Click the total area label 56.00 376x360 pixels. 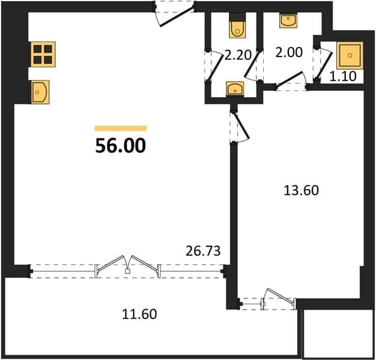click(x=120, y=146)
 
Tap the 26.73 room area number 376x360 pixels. click(x=203, y=251)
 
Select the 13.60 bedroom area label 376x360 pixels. click(x=301, y=191)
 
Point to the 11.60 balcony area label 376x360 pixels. click(x=139, y=314)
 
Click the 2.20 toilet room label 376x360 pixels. click(x=237, y=56)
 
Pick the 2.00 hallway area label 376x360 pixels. click(x=289, y=52)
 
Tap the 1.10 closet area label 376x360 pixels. click(x=343, y=77)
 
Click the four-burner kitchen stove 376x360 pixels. click(x=43, y=54)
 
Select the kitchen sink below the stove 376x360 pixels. click(x=40, y=92)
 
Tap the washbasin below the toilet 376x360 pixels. click(x=235, y=89)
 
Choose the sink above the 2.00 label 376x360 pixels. click(x=288, y=21)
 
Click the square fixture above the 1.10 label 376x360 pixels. click(x=350, y=56)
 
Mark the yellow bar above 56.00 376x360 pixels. click(x=121, y=128)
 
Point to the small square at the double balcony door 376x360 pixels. click(x=127, y=271)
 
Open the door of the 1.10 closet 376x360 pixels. click(x=323, y=64)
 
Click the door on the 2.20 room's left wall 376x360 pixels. click(x=214, y=65)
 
